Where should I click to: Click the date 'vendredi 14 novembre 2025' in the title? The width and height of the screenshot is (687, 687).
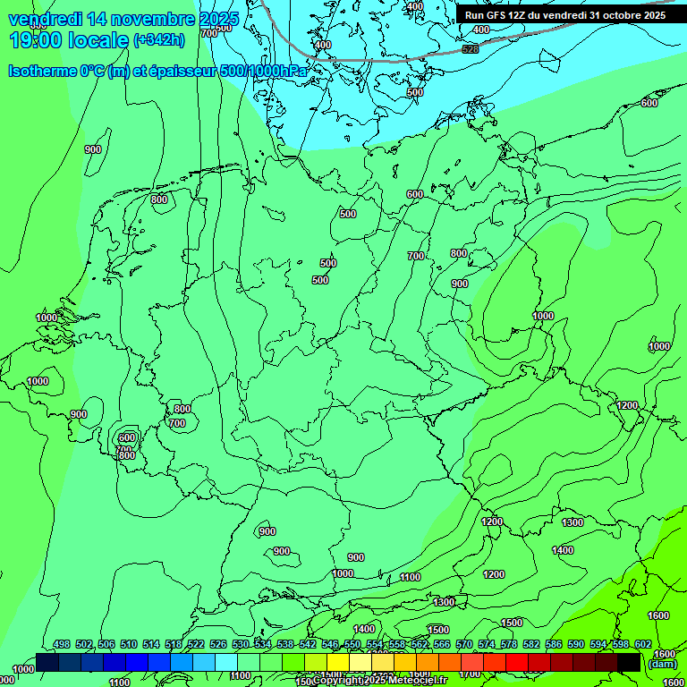[x=123, y=19]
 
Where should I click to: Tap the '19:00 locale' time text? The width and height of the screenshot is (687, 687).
[x=68, y=40]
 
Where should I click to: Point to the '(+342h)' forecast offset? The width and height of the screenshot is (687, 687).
[x=159, y=40]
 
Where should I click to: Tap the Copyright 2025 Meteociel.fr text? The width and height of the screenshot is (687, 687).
[x=380, y=681]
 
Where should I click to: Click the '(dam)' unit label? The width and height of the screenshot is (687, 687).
[x=663, y=664]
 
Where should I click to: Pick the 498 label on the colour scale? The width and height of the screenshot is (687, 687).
[x=62, y=644]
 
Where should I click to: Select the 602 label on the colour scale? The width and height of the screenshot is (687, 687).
[x=643, y=644]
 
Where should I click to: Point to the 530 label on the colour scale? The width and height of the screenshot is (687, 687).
[x=241, y=644]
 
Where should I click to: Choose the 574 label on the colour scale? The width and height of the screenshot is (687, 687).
[x=487, y=644]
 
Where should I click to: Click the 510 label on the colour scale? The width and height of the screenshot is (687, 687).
[x=129, y=644]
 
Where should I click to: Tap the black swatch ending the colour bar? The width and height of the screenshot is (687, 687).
[x=629, y=662]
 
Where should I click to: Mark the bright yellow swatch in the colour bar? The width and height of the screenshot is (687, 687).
[x=338, y=662]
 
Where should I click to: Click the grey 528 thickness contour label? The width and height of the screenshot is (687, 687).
[x=471, y=48]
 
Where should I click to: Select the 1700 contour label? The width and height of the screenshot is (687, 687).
[x=469, y=674]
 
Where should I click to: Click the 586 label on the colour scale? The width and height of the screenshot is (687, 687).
[x=554, y=644]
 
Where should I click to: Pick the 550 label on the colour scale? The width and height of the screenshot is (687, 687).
[x=352, y=644]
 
